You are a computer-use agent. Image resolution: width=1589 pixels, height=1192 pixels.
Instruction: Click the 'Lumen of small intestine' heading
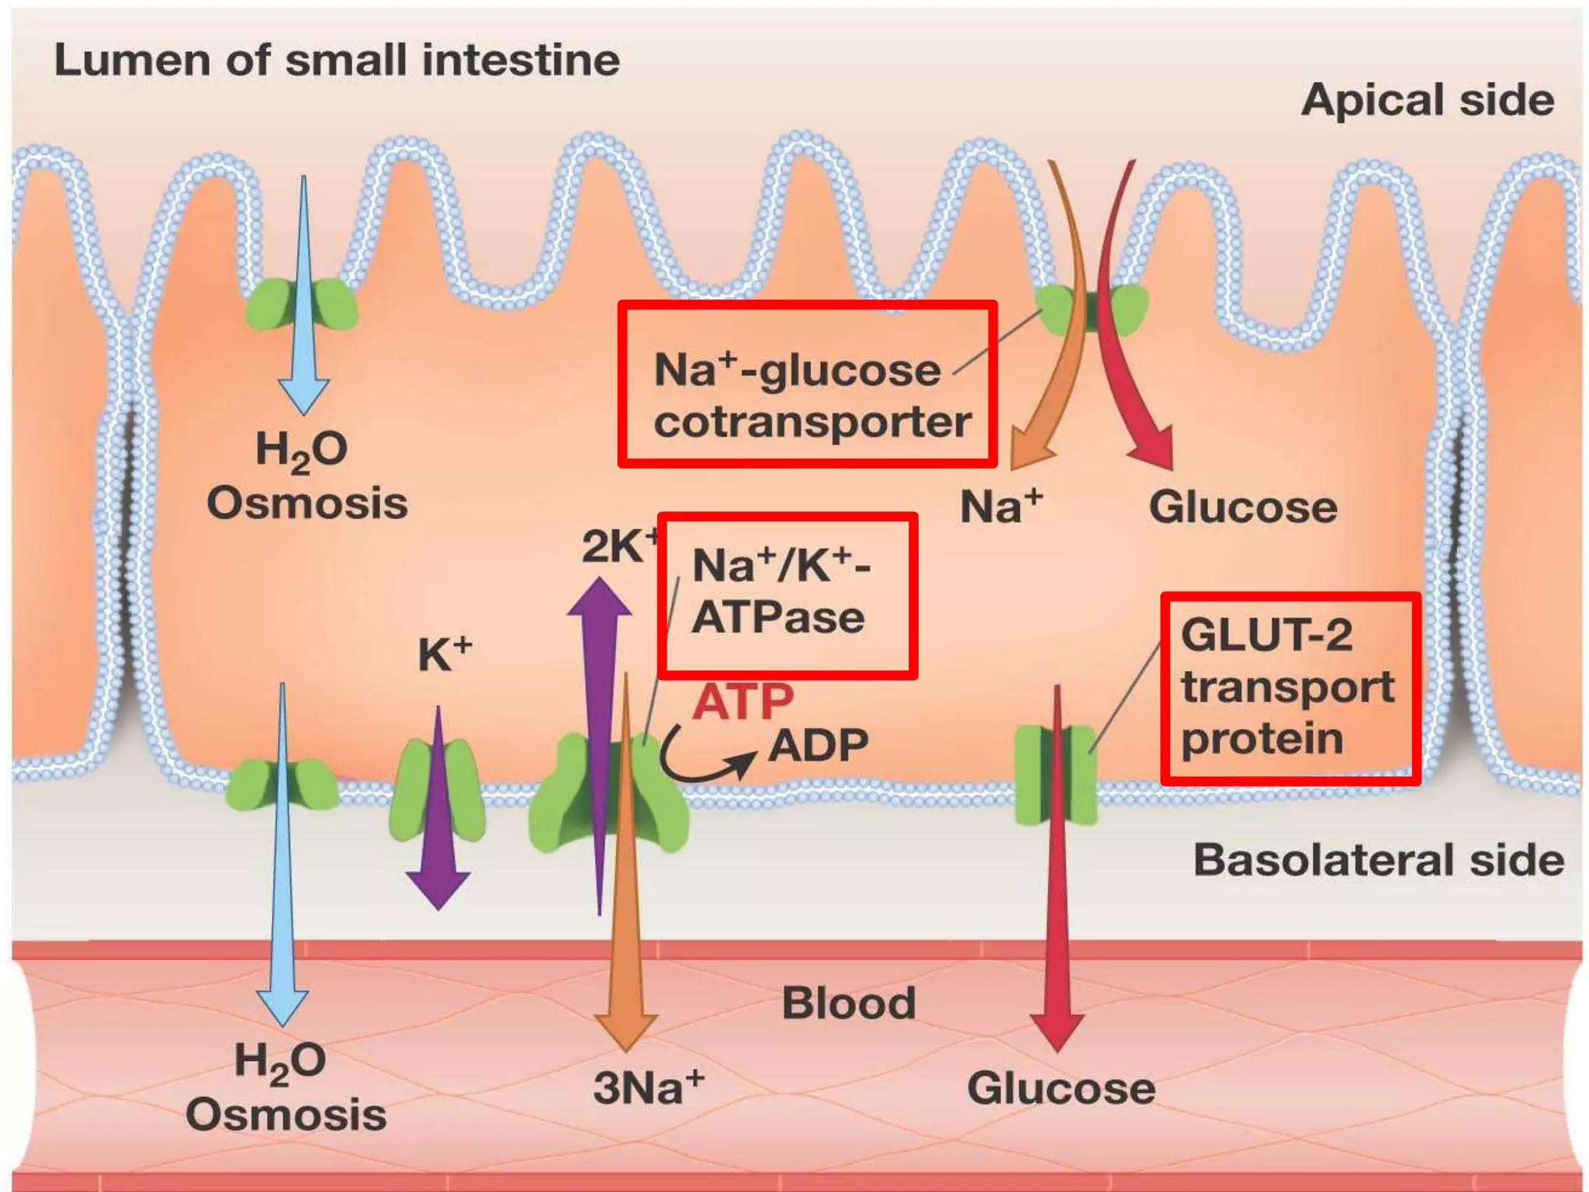[x=337, y=61]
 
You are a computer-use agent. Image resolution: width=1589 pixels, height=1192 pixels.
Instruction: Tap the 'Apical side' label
[x=1428, y=100]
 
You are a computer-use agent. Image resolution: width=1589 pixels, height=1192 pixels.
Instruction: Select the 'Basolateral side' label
[x=1378, y=860]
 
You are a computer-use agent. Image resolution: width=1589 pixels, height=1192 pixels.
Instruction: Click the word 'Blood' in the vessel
[x=848, y=1003]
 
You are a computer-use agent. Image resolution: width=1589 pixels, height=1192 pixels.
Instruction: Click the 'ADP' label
[x=818, y=746]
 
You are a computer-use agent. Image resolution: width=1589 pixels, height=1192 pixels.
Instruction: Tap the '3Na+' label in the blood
[x=649, y=1087]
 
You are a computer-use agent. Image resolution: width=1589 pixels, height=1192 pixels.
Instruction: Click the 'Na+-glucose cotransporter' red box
[x=807, y=385]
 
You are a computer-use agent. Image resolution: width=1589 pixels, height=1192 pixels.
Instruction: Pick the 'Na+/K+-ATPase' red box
[x=787, y=595]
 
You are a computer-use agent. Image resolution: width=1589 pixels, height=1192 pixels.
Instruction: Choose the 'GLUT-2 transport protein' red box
[x=1290, y=688]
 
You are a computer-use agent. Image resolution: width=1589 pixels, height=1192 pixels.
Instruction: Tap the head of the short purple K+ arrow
[x=438, y=889]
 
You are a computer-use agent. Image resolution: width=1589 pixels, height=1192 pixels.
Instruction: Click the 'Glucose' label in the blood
[x=1061, y=1087]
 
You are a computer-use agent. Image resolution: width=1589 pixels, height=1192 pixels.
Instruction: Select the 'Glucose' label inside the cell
[x=1242, y=507]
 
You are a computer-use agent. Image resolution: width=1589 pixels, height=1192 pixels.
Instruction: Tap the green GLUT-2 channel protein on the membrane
[x=1056, y=774]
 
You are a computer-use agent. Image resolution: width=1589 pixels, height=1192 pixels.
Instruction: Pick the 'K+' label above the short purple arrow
[x=444, y=653]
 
